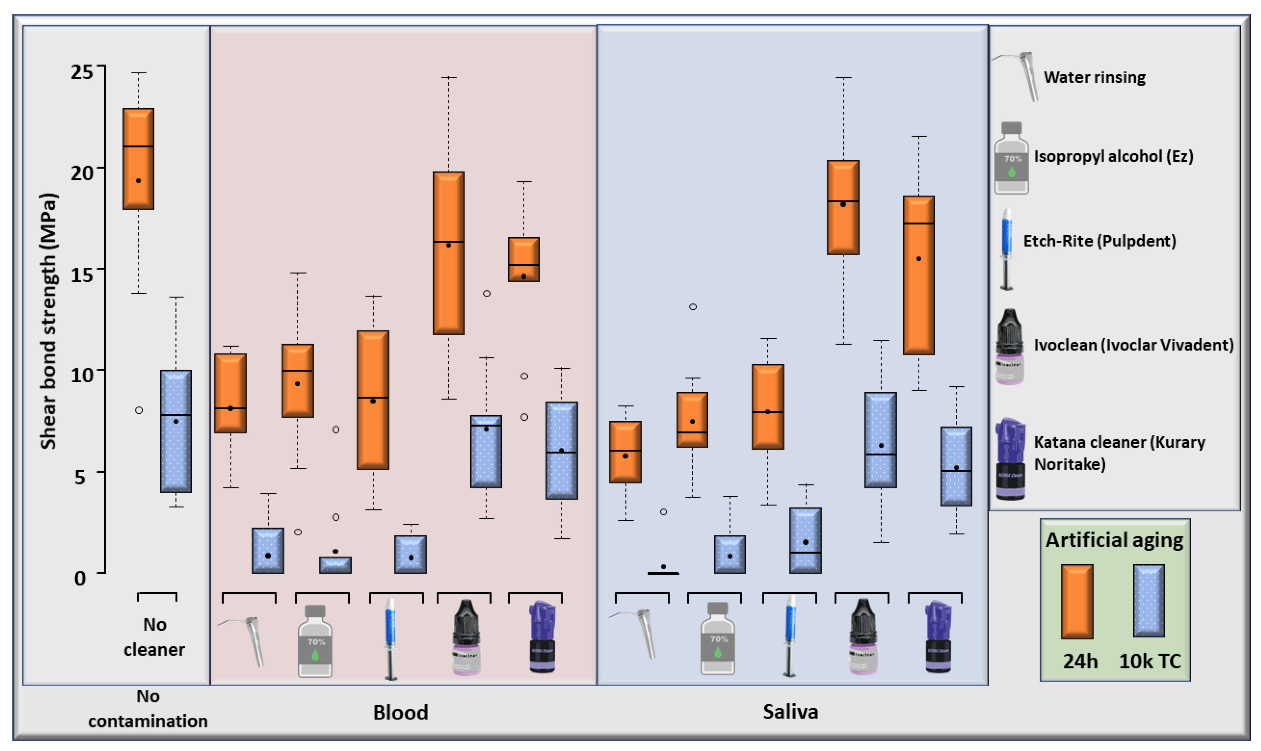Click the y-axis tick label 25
(x=82, y=72)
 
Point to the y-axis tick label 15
(x=82, y=274)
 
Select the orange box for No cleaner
(x=138, y=158)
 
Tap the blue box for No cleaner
(x=176, y=431)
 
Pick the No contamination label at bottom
(x=148, y=708)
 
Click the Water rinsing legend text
(x=1094, y=77)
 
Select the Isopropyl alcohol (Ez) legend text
(x=1113, y=156)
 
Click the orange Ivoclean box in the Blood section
(x=448, y=253)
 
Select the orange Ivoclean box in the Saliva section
(x=843, y=207)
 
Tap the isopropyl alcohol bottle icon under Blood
(x=315, y=641)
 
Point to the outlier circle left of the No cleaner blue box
(x=139, y=410)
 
